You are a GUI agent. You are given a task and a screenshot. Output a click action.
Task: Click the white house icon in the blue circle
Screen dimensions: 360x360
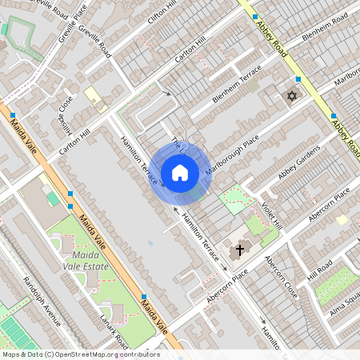180,173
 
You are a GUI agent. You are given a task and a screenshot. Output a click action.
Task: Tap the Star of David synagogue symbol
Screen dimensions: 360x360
290,97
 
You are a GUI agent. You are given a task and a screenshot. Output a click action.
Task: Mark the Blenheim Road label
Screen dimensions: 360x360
326,32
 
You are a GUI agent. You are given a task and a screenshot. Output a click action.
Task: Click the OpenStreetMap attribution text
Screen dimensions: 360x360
80,354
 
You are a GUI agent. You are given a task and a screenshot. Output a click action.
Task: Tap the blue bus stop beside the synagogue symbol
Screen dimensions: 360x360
298,79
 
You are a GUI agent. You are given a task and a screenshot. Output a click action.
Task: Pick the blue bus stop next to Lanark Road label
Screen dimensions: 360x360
143,297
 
